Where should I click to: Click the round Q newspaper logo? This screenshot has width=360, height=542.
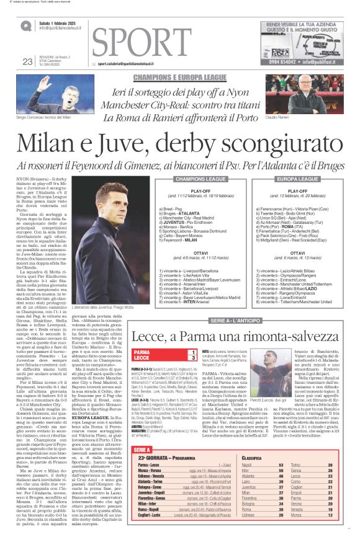pyautogui.click(x=25, y=26)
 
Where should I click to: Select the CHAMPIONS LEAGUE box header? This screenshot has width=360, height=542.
pyautogui.click(x=200, y=179)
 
